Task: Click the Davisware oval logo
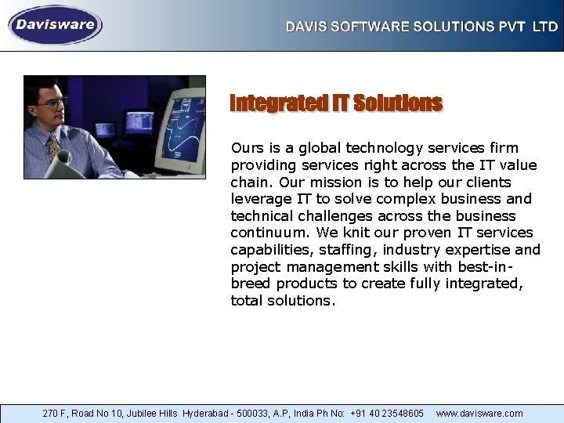(55, 25)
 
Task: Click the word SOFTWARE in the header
(368, 27)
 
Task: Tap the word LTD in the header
(545, 27)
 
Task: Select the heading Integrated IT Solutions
(336, 103)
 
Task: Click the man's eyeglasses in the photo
(52, 103)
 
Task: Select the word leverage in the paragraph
(259, 199)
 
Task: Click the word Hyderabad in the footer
(208, 413)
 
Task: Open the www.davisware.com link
(479, 413)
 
